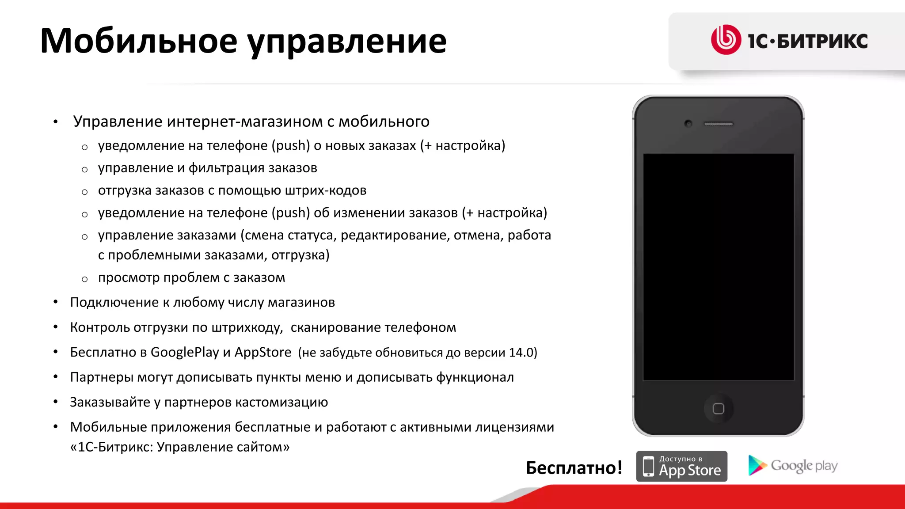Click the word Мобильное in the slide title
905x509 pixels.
[139, 41]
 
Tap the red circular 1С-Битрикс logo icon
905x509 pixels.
[726, 40]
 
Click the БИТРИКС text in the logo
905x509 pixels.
[822, 41]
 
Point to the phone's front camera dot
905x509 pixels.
[688, 123]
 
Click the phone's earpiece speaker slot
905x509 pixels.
[719, 124]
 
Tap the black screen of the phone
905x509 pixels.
[718, 267]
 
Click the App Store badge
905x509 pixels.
[681, 466]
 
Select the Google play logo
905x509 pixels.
[793, 466]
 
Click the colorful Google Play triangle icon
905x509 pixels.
[757, 465]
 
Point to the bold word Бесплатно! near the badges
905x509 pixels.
[574, 467]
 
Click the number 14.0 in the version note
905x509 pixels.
[521, 353]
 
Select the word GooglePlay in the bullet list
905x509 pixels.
[185, 352]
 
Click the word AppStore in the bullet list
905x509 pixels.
[263, 352]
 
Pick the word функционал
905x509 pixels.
[475, 377]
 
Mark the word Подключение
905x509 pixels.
[114, 302]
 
